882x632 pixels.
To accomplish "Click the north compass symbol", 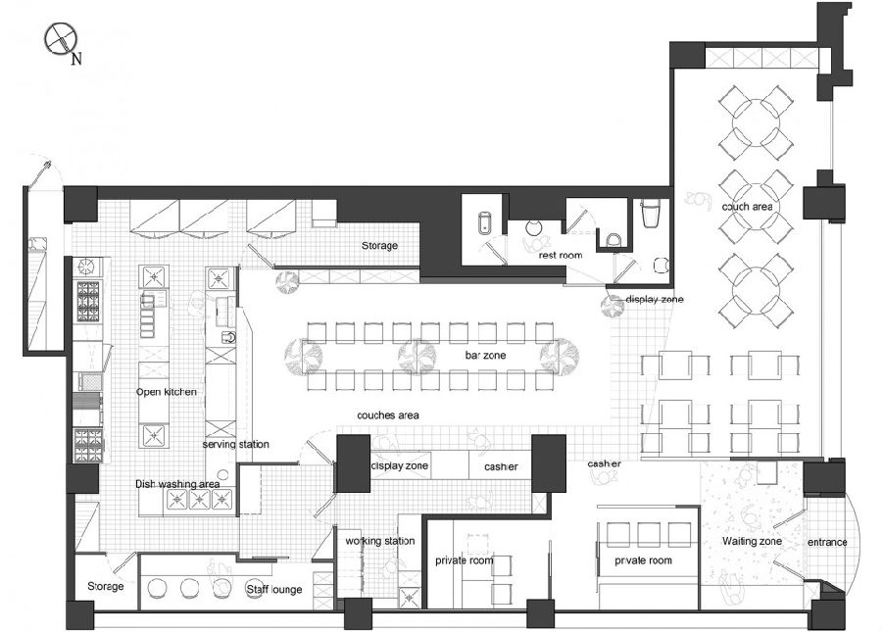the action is [x=60, y=39].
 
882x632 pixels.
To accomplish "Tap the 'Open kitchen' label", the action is [x=167, y=392].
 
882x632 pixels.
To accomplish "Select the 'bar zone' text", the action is [x=485, y=356].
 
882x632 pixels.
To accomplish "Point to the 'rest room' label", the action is [x=561, y=256].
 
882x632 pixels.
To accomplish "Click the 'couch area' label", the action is [x=747, y=207].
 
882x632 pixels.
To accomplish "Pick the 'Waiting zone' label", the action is [x=752, y=541].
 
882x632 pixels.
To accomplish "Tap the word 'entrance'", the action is [x=827, y=542].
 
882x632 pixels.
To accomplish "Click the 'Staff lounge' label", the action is [x=274, y=589].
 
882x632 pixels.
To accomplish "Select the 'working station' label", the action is [x=380, y=541].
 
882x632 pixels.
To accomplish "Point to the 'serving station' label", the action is [x=235, y=444].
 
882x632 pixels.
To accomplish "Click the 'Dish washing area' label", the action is [x=177, y=484].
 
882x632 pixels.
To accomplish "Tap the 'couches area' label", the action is [x=388, y=415].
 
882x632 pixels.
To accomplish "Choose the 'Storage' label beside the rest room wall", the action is [x=379, y=246].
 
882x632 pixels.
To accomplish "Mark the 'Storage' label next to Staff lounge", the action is [x=106, y=586].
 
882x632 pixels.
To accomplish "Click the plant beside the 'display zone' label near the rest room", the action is [x=612, y=307].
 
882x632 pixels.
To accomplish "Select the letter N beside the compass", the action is [x=76, y=59].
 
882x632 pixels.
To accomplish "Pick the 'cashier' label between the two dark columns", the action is [x=501, y=466].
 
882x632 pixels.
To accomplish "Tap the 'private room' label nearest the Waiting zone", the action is [x=644, y=560].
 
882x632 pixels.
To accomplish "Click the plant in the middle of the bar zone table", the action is [x=417, y=357].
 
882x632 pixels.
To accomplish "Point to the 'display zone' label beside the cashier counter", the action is [x=400, y=466].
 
